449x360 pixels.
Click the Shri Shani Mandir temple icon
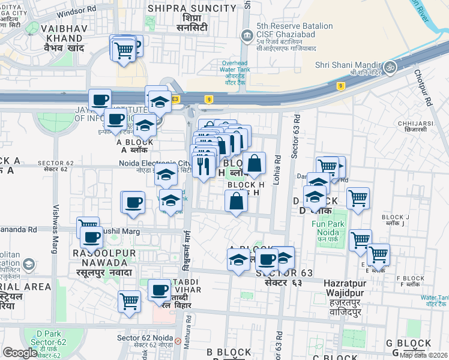(391, 65)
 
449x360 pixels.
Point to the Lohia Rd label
(277, 170)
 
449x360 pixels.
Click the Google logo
(20, 353)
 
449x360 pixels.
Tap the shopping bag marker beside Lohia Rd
(254, 163)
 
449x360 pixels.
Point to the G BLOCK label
(408, 344)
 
